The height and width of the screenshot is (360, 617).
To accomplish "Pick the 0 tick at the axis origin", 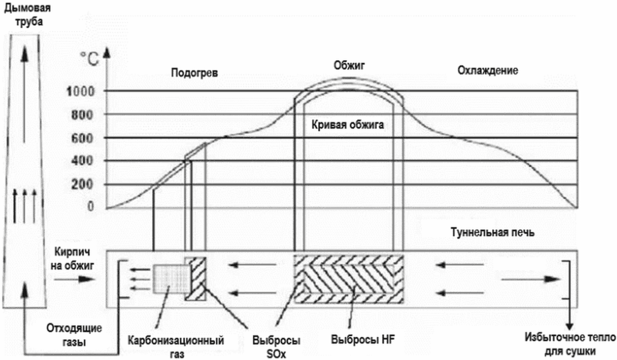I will [x=90, y=207].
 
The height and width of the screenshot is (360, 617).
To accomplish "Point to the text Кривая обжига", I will [x=348, y=126].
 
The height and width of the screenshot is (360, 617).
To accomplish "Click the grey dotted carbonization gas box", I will [x=169, y=280].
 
